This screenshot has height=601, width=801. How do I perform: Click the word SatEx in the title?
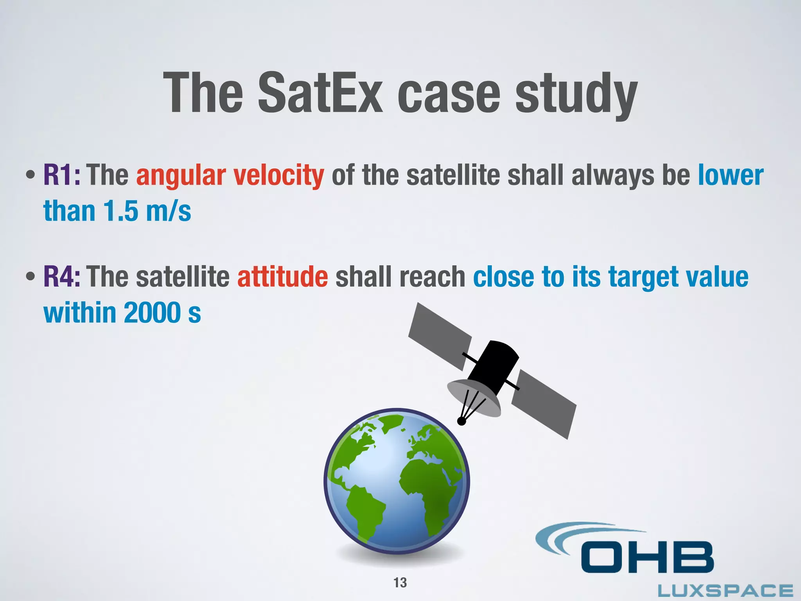[320, 94]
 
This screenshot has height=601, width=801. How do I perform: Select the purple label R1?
[62, 175]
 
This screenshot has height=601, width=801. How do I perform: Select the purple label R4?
[62, 277]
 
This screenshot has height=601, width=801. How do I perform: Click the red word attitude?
[282, 277]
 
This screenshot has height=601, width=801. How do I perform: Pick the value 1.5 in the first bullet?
[120, 211]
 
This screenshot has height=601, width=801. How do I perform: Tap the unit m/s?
[168, 211]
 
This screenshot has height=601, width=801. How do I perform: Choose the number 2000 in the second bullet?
[152, 313]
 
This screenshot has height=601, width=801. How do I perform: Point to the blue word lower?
[731, 175]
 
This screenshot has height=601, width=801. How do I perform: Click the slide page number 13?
[400, 583]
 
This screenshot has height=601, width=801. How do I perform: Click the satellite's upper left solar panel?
[440, 336]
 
